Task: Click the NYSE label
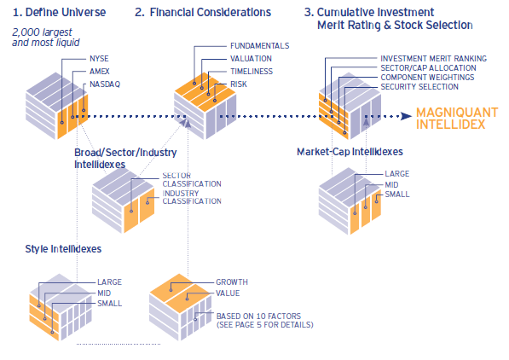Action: (99, 59)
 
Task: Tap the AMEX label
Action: (100, 72)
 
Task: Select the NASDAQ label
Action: (105, 84)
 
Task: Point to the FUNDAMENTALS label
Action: (260, 46)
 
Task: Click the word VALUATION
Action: (251, 59)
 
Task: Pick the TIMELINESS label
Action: (252, 72)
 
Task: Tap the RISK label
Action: (239, 84)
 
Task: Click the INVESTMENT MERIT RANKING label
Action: (434, 59)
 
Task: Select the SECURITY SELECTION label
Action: (419, 87)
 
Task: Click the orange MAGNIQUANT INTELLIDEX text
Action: (457, 119)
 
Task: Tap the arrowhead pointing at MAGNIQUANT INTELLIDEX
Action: (407, 116)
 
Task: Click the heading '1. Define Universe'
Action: (59, 12)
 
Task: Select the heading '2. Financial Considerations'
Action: (203, 12)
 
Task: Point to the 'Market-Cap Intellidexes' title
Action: (350, 152)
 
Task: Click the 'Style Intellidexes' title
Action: (63, 249)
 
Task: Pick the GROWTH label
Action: (232, 282)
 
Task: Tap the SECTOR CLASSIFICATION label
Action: (192, 180)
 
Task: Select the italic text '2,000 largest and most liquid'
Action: (46, 38)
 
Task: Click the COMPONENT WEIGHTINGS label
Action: (427, 78)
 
